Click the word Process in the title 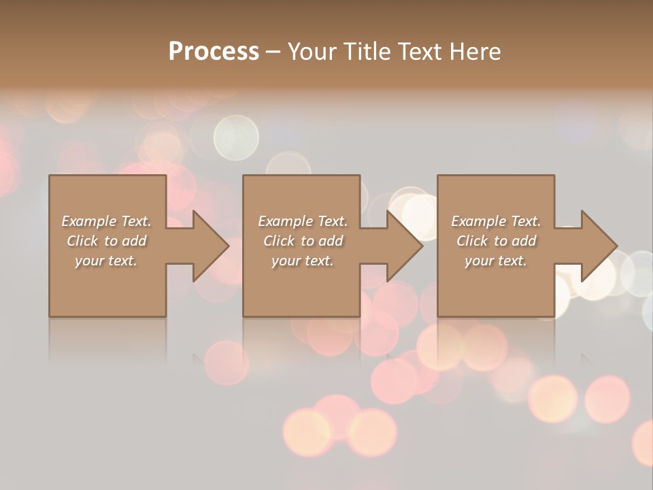214,52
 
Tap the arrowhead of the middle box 404,246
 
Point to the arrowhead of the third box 598,246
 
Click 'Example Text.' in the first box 106,221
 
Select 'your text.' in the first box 106,261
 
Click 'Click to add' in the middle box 303,241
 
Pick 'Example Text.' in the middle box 303,221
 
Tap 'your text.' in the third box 496,261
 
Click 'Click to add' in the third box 496,241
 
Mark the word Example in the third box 479,221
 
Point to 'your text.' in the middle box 303,261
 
